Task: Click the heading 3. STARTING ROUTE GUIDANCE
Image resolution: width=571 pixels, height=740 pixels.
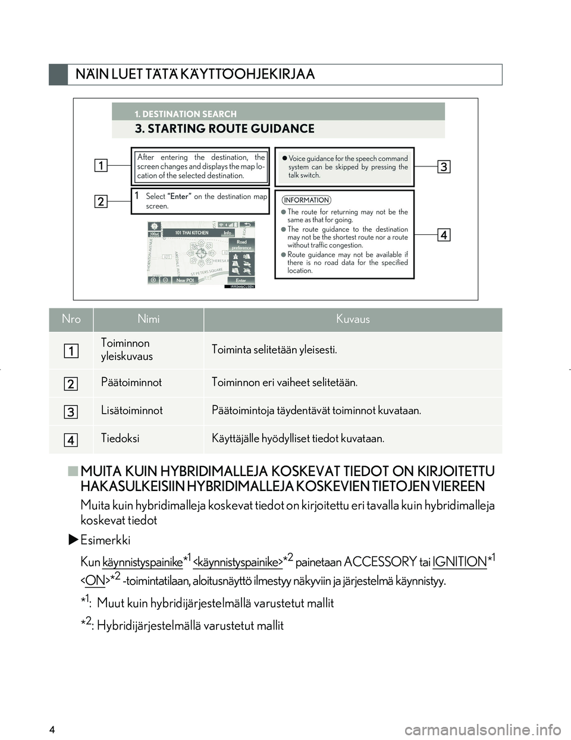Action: coord(224,129)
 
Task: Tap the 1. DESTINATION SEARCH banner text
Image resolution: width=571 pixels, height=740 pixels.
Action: coord(185,114)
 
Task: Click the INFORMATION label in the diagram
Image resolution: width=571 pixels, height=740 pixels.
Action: coord(306,200)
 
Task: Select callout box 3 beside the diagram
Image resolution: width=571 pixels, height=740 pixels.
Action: coord(444,167)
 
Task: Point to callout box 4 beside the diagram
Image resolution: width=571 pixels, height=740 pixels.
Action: coord(444,235)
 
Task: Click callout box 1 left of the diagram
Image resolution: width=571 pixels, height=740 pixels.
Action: coord(101,165)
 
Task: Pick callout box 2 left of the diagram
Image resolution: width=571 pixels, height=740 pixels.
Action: coord(101,201)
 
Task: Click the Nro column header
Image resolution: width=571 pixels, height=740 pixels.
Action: coord(71,319)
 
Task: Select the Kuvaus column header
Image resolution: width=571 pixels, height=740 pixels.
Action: coord(353,319)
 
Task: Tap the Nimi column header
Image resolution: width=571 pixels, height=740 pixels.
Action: coord(148,319)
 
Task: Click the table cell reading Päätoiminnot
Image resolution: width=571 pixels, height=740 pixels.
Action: coord(131,382)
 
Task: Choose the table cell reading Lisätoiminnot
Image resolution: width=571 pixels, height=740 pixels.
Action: coord(132,410)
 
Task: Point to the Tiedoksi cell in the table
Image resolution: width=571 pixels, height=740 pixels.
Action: coord(120,438)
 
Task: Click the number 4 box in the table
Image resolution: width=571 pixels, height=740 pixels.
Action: coord(71,440)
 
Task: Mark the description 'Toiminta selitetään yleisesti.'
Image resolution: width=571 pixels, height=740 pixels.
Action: coord(274,349)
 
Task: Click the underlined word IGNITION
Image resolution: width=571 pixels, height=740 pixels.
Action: coord(459,562)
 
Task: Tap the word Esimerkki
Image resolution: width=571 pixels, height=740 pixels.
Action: coord(105,540)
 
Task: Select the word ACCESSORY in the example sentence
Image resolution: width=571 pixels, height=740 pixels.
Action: coord(380,562)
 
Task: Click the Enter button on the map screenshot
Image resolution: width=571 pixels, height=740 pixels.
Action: coord(241,280)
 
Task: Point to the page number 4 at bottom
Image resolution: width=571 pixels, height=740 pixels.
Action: coord(52,730)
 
